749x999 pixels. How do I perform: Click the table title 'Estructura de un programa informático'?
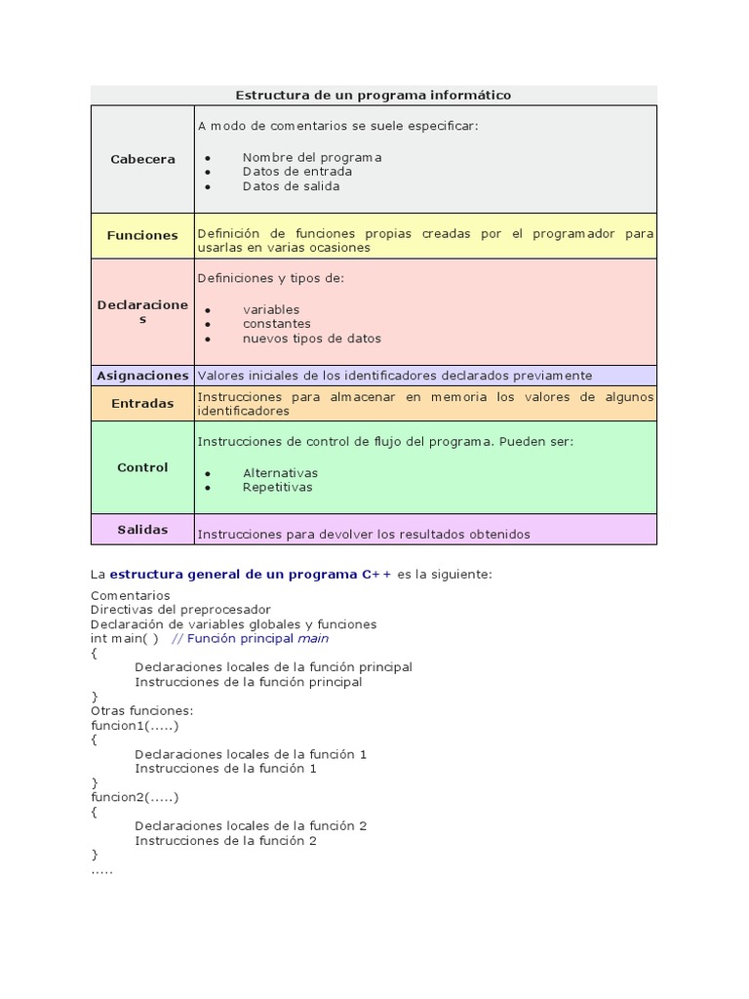point(374,95)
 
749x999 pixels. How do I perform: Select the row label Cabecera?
point(142,159)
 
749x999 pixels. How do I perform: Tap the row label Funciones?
point(142,235)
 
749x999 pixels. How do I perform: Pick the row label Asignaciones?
point(142,375)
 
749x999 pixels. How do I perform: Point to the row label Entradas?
point(142,403)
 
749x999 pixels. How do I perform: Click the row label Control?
point(142,467)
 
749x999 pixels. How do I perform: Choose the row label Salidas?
point(142,529)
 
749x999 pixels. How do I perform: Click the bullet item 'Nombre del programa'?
point(312,157)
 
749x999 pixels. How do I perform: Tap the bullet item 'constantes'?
point(277,324)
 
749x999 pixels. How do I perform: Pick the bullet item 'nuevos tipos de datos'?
point(312,339)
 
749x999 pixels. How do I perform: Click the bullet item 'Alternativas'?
point(281,473)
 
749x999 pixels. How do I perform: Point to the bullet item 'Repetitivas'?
point(278,487)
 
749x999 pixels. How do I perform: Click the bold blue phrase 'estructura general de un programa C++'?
point(251,575)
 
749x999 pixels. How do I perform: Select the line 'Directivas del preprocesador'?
point(180,610)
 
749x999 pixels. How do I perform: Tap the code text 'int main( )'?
point(125,639)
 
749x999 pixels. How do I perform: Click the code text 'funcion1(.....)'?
point(136,726)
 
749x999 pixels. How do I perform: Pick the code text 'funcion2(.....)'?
point(136,797)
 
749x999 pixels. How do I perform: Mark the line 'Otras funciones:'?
point(142,711)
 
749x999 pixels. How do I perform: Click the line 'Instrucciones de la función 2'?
point(226,840)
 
